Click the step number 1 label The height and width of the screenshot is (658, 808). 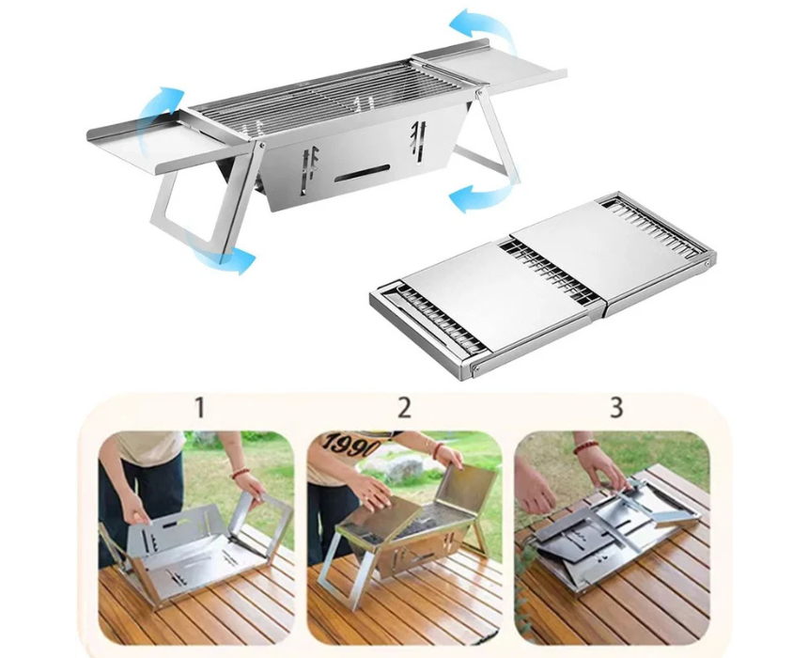[x=199, y=407]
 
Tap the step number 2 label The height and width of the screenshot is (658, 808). [x=405, y=407]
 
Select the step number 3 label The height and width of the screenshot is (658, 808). [x=616, y=407]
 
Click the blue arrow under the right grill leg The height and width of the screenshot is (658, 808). [x=476, y=196]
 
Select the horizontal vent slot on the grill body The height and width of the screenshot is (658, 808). [x=362, y=173]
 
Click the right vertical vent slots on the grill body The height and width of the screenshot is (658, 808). [x=418, y=137]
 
